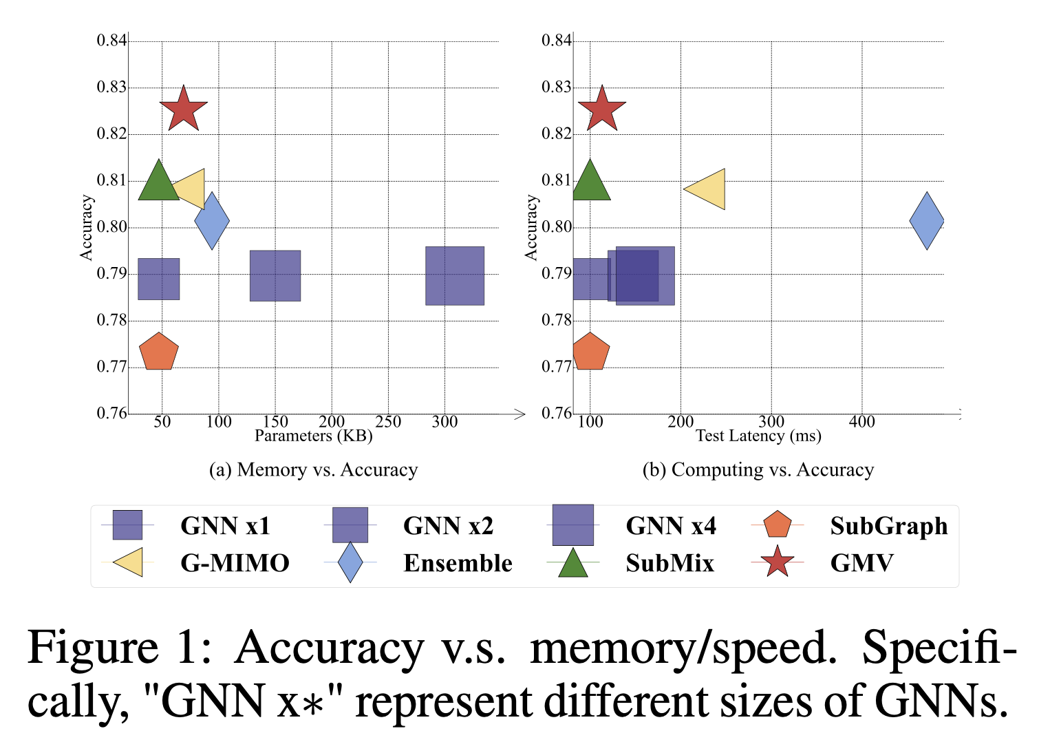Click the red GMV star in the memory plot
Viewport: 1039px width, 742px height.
coord(184,109)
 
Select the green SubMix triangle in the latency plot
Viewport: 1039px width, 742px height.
coord(590,182)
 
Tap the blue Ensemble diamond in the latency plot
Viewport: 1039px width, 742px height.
coord(927,221)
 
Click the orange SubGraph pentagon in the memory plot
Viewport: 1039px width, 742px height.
coord(159,352)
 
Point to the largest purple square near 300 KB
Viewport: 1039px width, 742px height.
coord(455,275)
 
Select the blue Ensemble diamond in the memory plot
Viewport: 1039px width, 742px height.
coord(212,221)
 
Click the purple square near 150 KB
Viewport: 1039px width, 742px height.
coord(275,275)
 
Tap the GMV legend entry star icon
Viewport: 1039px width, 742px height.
coord(777,562)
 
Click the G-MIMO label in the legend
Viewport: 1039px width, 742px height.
coord(235,563)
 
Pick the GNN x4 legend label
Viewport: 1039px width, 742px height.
coord(671,526)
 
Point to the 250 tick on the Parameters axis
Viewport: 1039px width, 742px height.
coord(388,421)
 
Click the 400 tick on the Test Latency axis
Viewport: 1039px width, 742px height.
coord(861,421)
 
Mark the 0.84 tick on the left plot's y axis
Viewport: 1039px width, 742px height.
coord(111,41)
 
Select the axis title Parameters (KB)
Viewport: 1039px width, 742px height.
coord(313,436)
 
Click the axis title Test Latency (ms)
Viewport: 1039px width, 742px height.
coord(758,436)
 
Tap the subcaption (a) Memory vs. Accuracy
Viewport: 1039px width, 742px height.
coord(314,470)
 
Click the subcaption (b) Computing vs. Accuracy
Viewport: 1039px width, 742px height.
coord(758,470)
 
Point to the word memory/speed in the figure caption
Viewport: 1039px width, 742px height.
coord(683,648)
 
